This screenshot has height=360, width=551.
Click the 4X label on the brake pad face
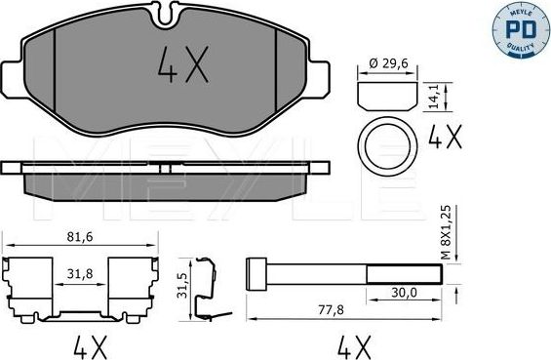(181, 67)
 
